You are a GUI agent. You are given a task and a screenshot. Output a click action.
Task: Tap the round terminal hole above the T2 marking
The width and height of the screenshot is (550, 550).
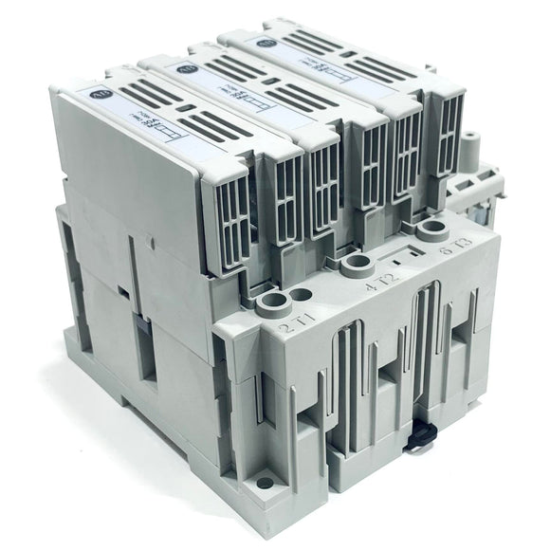point(358,263)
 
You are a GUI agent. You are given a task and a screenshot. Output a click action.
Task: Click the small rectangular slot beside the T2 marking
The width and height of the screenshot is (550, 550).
point(404,255)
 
